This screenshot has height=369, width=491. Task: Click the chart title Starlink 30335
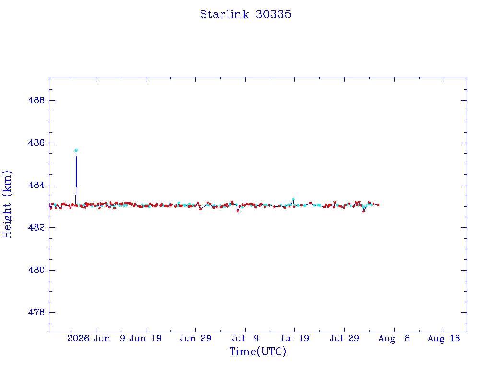[x=245, y=14]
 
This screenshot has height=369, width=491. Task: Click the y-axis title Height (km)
[x=7, y=205]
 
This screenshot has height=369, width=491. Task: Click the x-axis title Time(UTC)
[x=257, y=351]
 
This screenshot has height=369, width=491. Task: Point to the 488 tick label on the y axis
[x=36, y=100]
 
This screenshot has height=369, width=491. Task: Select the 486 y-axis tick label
[x=36, y=143]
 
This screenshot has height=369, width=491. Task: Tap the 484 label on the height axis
[x=36, y=185]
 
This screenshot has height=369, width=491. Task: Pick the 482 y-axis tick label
[x=36, y=227]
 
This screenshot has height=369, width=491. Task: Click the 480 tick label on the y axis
[x=36, y=270]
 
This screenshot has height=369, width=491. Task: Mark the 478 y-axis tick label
[x=36, y=312]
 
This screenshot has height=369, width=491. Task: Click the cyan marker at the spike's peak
[x=76, y=150]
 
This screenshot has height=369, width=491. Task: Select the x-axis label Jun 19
[x=146, y=338]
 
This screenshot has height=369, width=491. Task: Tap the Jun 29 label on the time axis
[x=196, y=338]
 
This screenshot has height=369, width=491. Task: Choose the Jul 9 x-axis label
[x=245, y=338]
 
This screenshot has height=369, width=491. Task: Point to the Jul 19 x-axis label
[x=295, y=338]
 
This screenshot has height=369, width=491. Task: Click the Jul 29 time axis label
[x=344, y=338]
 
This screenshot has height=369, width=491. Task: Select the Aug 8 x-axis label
[x=394, y=339]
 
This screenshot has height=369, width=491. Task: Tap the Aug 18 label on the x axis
[x=444, y=339]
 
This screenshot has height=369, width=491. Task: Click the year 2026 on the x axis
[x=78, y=338]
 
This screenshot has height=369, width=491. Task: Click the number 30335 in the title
[x=273, y=14]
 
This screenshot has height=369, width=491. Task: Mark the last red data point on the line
[x=378, y=205]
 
